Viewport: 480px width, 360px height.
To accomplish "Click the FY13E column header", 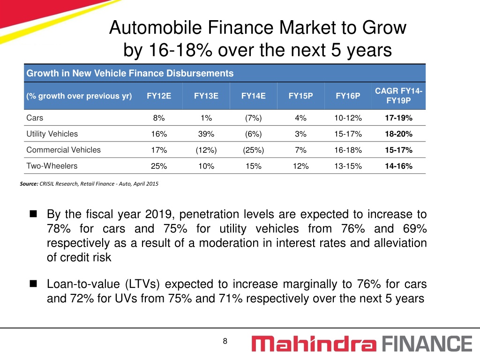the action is [206, 96].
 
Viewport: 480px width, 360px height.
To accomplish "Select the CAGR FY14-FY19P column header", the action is [398, 96].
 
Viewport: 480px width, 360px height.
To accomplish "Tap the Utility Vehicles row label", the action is [52, 134].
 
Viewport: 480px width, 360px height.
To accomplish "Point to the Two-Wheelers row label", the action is [52, 166].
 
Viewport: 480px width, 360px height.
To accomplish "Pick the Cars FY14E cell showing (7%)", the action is [254, 118].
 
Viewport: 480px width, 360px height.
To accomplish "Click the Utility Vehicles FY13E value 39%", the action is [206, 134].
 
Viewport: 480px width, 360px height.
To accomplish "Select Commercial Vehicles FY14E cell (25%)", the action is [254, 150].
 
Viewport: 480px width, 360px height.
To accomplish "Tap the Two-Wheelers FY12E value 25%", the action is [159, 166].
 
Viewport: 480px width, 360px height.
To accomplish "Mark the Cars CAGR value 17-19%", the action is [398, 118].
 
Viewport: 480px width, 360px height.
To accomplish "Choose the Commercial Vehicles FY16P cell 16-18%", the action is [348, 150].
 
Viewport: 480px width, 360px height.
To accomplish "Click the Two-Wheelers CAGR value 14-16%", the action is [398, 166].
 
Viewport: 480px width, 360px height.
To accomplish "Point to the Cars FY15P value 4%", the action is [300, 118].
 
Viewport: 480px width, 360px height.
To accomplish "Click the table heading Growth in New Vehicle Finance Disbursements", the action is [130, 73].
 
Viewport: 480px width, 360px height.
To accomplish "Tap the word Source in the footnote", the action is [29, 184].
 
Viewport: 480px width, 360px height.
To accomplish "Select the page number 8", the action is [225, 341].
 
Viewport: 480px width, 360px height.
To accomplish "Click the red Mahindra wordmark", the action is [314, 344].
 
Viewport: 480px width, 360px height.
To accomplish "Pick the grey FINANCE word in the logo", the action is [427, 344].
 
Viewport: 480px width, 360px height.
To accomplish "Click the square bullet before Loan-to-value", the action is [33, 284].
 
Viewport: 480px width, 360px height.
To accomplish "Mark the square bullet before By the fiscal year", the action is [33, 214].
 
